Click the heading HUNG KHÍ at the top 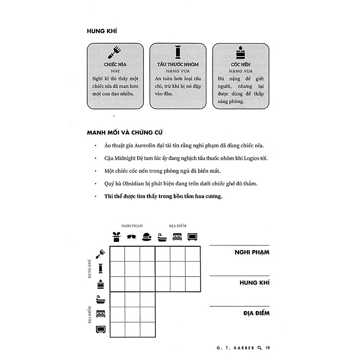tap(102, 31)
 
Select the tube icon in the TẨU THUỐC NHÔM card tap(178, 50)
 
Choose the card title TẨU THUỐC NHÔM tap(178, 64)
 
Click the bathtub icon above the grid tap(162, 237)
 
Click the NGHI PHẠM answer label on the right tap(252, 252)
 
